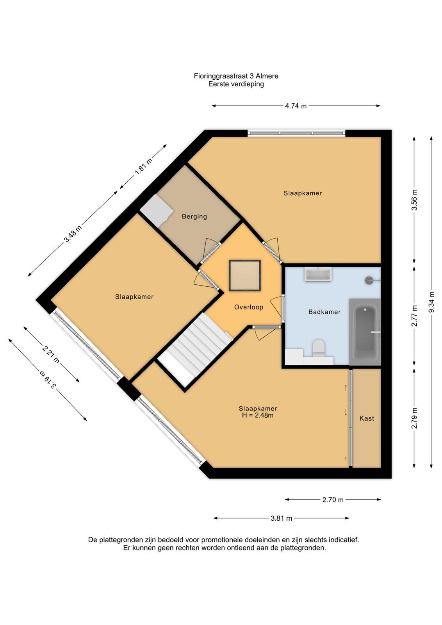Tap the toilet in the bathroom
point(318,348)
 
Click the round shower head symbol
point(369,280)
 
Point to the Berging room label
point(194,216)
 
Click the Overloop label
point(248,307)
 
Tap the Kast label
point(366,418)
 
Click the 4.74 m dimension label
point(296,106)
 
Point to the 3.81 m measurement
point(281,518)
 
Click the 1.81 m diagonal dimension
point(144,166)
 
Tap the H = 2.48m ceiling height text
point(258,416)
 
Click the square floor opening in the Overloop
point(245,275)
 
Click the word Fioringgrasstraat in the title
point(222,76)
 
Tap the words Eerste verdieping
point(236,84)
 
